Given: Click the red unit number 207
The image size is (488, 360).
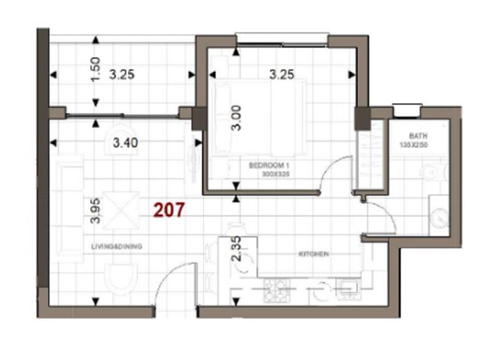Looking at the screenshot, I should (x=169, y=210).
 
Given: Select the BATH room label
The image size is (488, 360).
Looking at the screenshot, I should (x=417, y=136).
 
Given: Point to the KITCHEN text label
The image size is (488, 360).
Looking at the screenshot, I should (x=313, y=255).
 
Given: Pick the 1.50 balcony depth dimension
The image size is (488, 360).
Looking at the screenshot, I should (x=96, y=69).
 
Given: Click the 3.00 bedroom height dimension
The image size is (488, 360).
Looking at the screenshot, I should (x=235, y=118).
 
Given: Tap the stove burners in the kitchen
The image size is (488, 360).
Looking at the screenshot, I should (x=277, y=291).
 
